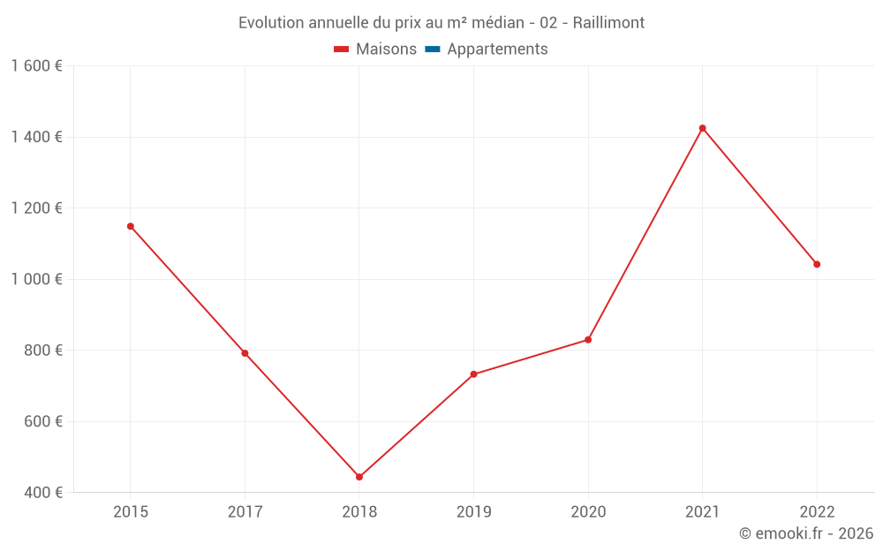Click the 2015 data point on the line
tap(131, 226)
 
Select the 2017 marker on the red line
tap(245, 353)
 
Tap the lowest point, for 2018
tap(359, 477)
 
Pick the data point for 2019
tap(473, 374)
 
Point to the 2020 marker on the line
tap(588, 340)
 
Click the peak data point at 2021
tap(703, 128)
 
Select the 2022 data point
tap(817, 264)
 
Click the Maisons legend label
tap(386, 49)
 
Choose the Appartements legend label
tap(497, 49)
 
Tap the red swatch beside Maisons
tap(342, 49)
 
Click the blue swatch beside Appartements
tap(433, 49)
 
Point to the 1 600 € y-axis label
tap(36, 66)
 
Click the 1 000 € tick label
tap(36, 279)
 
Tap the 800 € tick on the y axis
tap(42, 350)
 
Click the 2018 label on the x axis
tap(359, 511)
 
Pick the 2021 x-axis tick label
tap(703, 511)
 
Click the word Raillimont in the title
tap(608, 22)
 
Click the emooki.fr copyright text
tap(806, 533)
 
